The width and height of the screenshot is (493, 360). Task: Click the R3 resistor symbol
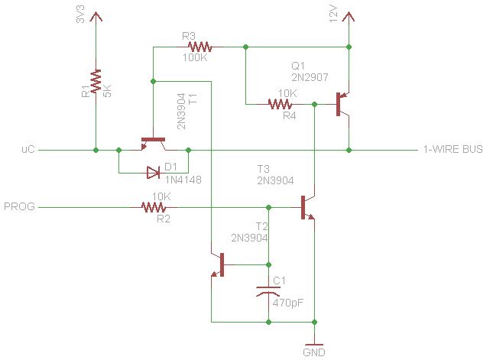[200, 47]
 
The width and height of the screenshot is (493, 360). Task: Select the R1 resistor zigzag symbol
[96, 81]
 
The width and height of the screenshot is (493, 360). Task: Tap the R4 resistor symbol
[280, 104]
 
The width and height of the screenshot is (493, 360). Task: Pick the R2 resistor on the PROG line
[154, 207]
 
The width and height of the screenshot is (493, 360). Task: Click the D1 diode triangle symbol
[153, 173]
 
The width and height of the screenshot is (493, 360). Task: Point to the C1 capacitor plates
[268, 292]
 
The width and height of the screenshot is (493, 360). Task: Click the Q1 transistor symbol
[342, 104]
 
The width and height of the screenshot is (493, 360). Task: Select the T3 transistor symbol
[308, 207]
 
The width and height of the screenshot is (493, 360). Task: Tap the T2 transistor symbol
[218, 264]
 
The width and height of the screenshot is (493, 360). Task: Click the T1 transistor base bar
[153, 139]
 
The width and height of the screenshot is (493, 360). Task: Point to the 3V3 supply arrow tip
[96, 12]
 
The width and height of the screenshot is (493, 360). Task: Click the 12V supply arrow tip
[349, 12]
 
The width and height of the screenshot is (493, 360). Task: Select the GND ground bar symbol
[314, 345]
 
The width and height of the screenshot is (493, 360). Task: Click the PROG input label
[19, 206]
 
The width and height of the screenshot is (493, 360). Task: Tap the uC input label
[28, 149]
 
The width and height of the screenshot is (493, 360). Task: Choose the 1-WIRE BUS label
[453, 149]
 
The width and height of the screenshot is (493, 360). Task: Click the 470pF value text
[288, 303]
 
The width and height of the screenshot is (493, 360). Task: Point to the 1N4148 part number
[183, 180]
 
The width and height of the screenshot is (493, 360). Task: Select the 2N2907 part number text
[310, 77]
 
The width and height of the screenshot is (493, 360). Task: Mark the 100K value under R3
[195, 57]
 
